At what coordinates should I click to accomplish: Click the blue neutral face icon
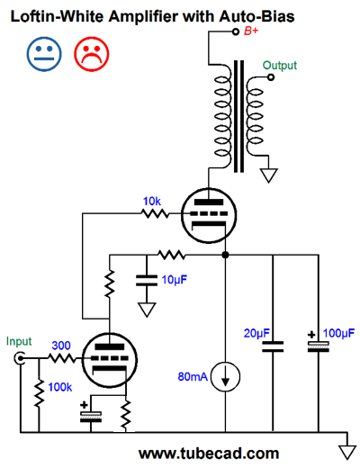[x=44, y=54]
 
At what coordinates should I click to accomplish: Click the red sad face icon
[x=92, y=54]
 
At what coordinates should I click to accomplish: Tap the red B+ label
[x=251, y=31]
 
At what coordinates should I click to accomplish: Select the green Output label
[x=280, y=66]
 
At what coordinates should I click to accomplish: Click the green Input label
[x=19, y=342]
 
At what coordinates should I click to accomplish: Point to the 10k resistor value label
[x=152, y=202]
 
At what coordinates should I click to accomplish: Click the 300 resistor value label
[x=61, y=346]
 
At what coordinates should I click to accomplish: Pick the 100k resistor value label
[x=60, y=387]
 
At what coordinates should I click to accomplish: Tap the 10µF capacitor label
[x=175, y=280]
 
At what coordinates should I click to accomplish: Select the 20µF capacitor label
[x=256, y=333]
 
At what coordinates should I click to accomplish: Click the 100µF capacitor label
[x=338, y=333]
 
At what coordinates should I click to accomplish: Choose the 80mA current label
[x=193, y=376]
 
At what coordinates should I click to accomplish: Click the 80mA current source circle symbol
[x=225, y=376]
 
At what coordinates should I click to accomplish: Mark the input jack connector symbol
[x=20, y=358]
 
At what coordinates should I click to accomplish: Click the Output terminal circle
[x=271, y=77]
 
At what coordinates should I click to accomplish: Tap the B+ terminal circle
[x=236, y=31]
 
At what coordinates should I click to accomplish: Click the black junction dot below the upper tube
[x=225, y=255]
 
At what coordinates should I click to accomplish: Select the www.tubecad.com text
[x=209, y=454]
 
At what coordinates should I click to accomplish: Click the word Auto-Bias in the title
[x=256, y=16]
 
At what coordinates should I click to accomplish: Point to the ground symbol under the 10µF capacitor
[x=147, y=310]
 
